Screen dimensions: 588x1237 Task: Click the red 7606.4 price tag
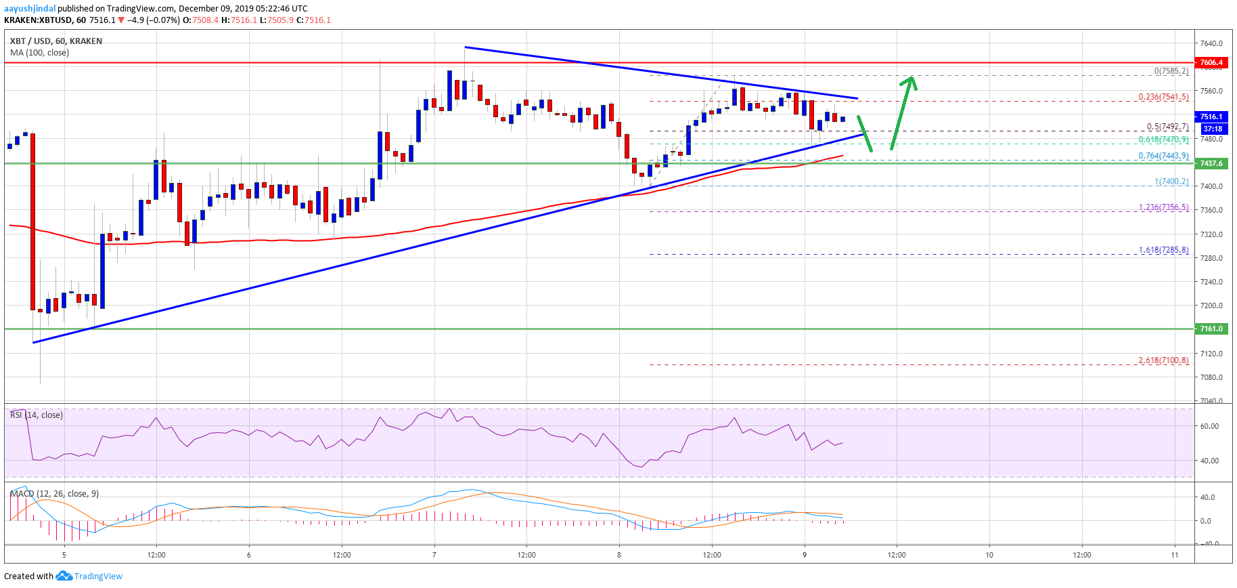click(1211, 62)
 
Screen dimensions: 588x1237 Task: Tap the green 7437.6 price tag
click(1211, 163)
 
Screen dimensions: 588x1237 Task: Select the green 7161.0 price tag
click(1211, 329)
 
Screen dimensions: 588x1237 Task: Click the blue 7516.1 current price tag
click(1211, 117)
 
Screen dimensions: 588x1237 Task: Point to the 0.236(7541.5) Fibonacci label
click(1163, 97)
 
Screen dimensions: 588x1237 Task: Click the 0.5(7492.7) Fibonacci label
click(1167, 127)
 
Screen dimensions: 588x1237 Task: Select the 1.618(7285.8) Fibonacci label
click(1163, 250)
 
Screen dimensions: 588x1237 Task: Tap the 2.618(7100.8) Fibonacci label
click(1163, 360)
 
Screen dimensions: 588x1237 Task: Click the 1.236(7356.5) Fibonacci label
click(1163, 207)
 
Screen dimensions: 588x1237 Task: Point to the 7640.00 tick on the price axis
click(1211, 43)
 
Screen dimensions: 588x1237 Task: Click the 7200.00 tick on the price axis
click(1211, 306)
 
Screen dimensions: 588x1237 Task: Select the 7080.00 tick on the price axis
click(1211, 377)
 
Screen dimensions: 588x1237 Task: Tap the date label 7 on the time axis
click(434, 555)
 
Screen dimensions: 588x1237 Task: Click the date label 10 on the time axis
click(989, 555)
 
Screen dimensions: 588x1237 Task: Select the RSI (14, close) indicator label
click(37, 415)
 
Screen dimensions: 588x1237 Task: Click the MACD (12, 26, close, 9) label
click(55, 493)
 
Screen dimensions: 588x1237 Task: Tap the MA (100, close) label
click(39, 52)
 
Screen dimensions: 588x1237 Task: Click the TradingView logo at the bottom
click(90, 576)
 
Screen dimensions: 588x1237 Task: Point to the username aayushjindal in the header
click(30, 9)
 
